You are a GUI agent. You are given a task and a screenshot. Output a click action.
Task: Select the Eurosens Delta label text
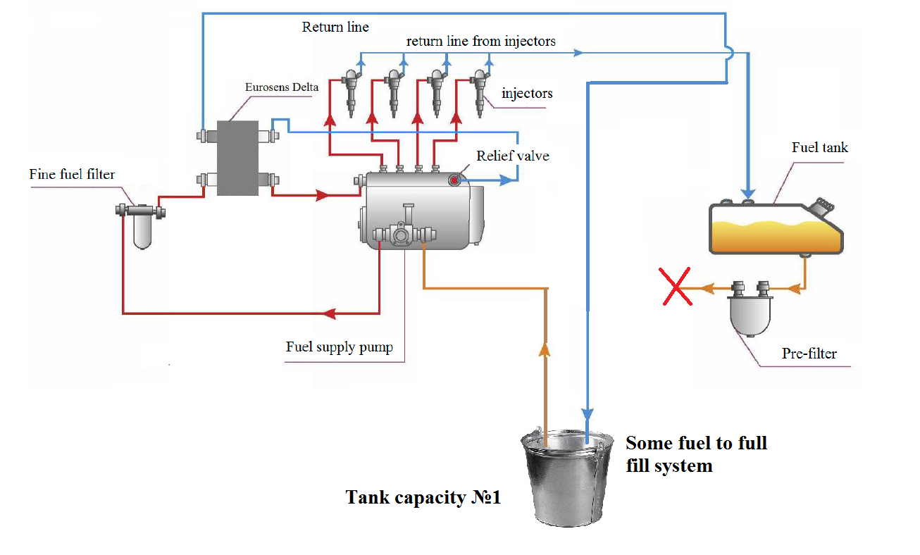tap(282, 87)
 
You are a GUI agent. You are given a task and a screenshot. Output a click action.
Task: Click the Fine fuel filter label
tap(72, 173)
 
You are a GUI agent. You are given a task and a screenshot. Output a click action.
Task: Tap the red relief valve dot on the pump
tap(454, 181)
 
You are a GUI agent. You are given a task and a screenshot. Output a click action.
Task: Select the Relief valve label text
tap(513, 156)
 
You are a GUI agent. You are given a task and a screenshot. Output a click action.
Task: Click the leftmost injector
tap(350, 90)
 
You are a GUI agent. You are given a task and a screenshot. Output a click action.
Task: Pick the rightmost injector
tap(480, 90)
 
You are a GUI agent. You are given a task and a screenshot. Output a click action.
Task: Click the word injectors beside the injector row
tap(527, 93)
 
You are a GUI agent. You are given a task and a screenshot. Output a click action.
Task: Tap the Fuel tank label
tap(820, 147)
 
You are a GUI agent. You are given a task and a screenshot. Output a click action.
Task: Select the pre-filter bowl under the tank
tap(750, 313)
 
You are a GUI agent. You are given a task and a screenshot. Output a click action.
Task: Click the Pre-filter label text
tap(809, 354)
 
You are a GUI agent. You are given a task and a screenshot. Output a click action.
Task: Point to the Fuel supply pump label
tap(339, 347)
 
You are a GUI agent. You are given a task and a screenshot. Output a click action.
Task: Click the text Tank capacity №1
tap(423, 497)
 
